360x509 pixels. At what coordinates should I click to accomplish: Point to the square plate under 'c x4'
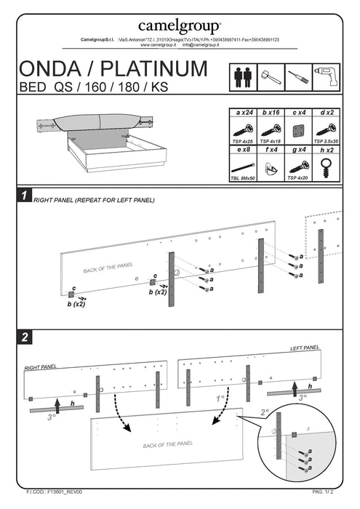click(297, 131)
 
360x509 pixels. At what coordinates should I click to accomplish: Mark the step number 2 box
click(24, 337)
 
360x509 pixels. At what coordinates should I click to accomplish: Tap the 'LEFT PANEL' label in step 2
click(305, 349)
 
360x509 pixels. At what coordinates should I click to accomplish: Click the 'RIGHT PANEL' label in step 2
click(40, 367)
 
